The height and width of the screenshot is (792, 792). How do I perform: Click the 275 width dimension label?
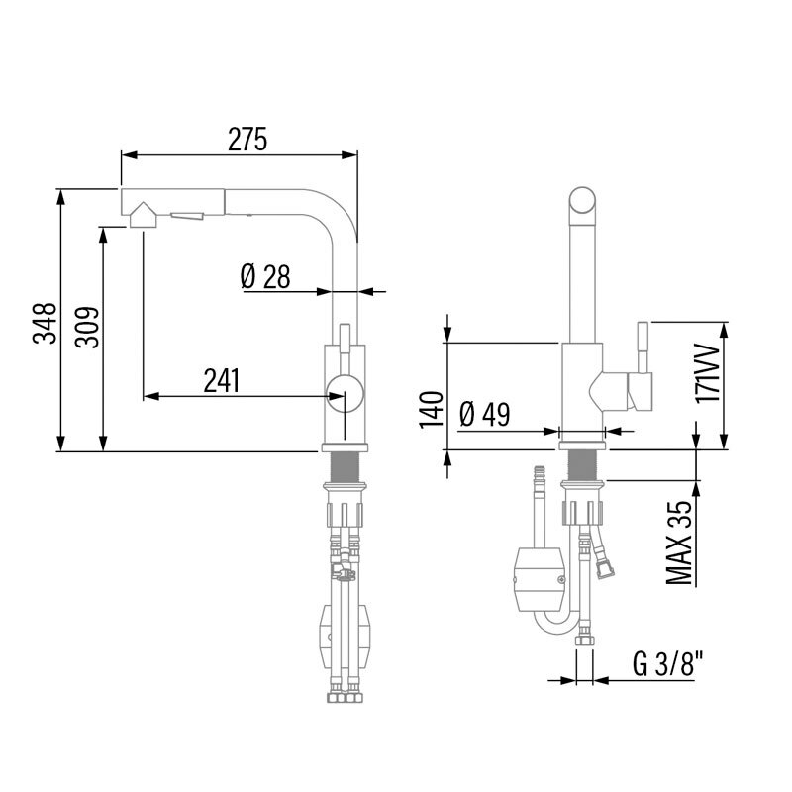point(247,140)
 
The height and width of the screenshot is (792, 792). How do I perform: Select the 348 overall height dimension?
point(45,323)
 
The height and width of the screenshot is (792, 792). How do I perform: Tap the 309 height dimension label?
point(87,327)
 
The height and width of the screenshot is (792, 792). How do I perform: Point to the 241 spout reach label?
point(222,380)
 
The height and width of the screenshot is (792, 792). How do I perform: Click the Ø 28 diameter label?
point(265,277)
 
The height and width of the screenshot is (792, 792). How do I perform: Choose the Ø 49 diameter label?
point(485,414)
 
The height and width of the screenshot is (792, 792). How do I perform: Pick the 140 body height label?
point(432,409)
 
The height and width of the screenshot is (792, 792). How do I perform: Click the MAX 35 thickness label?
point(679,543)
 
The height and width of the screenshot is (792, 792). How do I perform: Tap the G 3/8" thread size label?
point(667,663)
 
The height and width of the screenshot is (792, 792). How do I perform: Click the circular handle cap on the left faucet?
point(345,394)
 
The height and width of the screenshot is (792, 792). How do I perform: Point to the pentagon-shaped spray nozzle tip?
point(143,215)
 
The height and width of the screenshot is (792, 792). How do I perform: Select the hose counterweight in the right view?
point(539,579)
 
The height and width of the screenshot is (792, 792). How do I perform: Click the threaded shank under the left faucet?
point(345,467)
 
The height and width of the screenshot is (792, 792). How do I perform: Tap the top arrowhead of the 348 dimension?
point(61,197)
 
